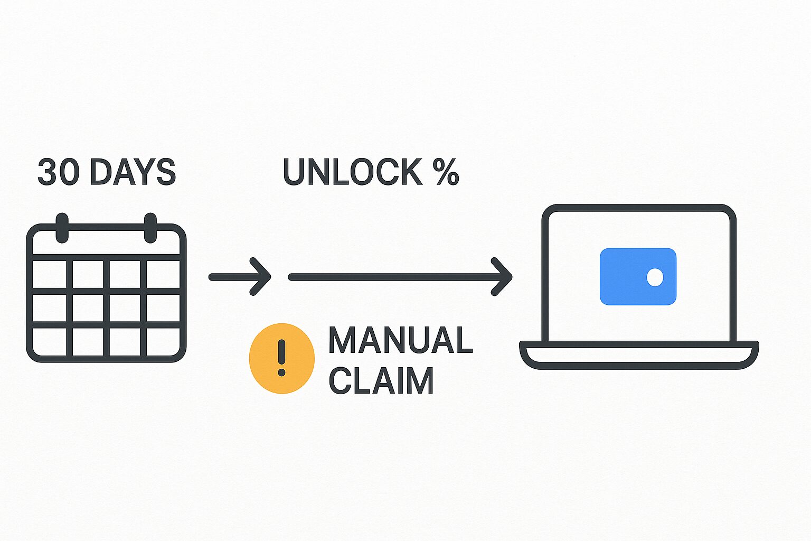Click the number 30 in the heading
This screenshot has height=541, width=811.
58,172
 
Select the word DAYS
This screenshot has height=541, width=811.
133,172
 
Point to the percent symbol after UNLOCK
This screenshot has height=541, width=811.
446,172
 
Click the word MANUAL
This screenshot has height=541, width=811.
400,340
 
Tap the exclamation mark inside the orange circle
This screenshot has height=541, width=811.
281,358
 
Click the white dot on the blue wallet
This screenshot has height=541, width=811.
655,277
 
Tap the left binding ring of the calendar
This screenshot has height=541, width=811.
62,228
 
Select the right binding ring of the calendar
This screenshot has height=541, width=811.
150,228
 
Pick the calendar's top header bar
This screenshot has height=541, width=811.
106,241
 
